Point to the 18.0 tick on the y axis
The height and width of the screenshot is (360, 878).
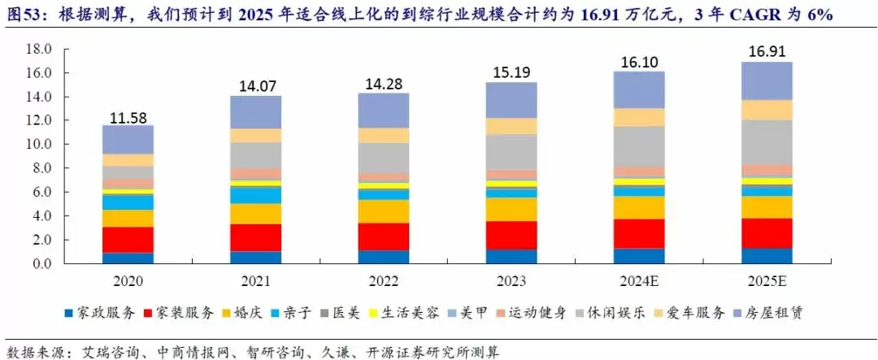coord(39,49)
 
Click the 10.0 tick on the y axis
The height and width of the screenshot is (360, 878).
coord(39,145)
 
